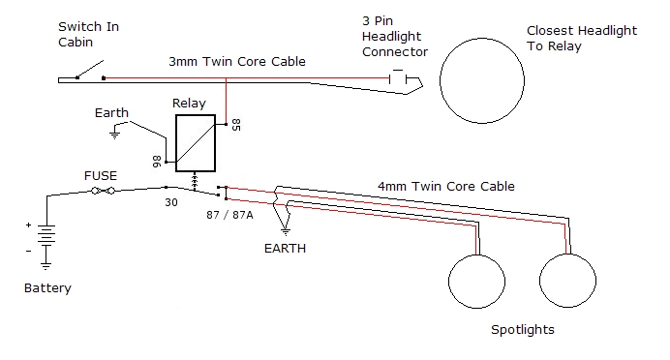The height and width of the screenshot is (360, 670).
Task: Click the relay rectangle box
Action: click(176, 143)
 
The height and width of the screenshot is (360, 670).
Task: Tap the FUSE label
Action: click(101, 176)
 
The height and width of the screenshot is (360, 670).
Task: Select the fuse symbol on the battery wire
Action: click(104, 191)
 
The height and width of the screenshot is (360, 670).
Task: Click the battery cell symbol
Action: click(46, 234)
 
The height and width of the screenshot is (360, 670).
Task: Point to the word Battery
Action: click(47, 288)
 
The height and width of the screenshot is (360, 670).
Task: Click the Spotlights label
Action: click(523, 330)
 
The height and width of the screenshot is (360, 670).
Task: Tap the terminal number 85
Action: click(236, 125)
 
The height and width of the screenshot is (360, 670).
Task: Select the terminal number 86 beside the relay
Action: click(157, 162)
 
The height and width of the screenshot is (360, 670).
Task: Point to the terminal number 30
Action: click(171, 202)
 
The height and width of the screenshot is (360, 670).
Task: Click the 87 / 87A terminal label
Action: click(229, 215)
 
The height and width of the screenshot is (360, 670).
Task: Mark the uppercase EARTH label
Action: click(285, 249)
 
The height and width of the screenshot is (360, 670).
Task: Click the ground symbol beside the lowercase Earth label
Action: click(114, 134)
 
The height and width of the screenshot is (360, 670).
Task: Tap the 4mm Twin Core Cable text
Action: click(446, 187)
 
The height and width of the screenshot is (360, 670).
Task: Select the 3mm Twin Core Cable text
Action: click(237, 62)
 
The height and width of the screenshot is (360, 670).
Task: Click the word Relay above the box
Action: click(189, 104)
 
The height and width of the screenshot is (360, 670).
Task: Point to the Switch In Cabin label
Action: click(88, 35)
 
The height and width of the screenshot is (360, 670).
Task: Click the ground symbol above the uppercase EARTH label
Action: click(286, 231)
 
